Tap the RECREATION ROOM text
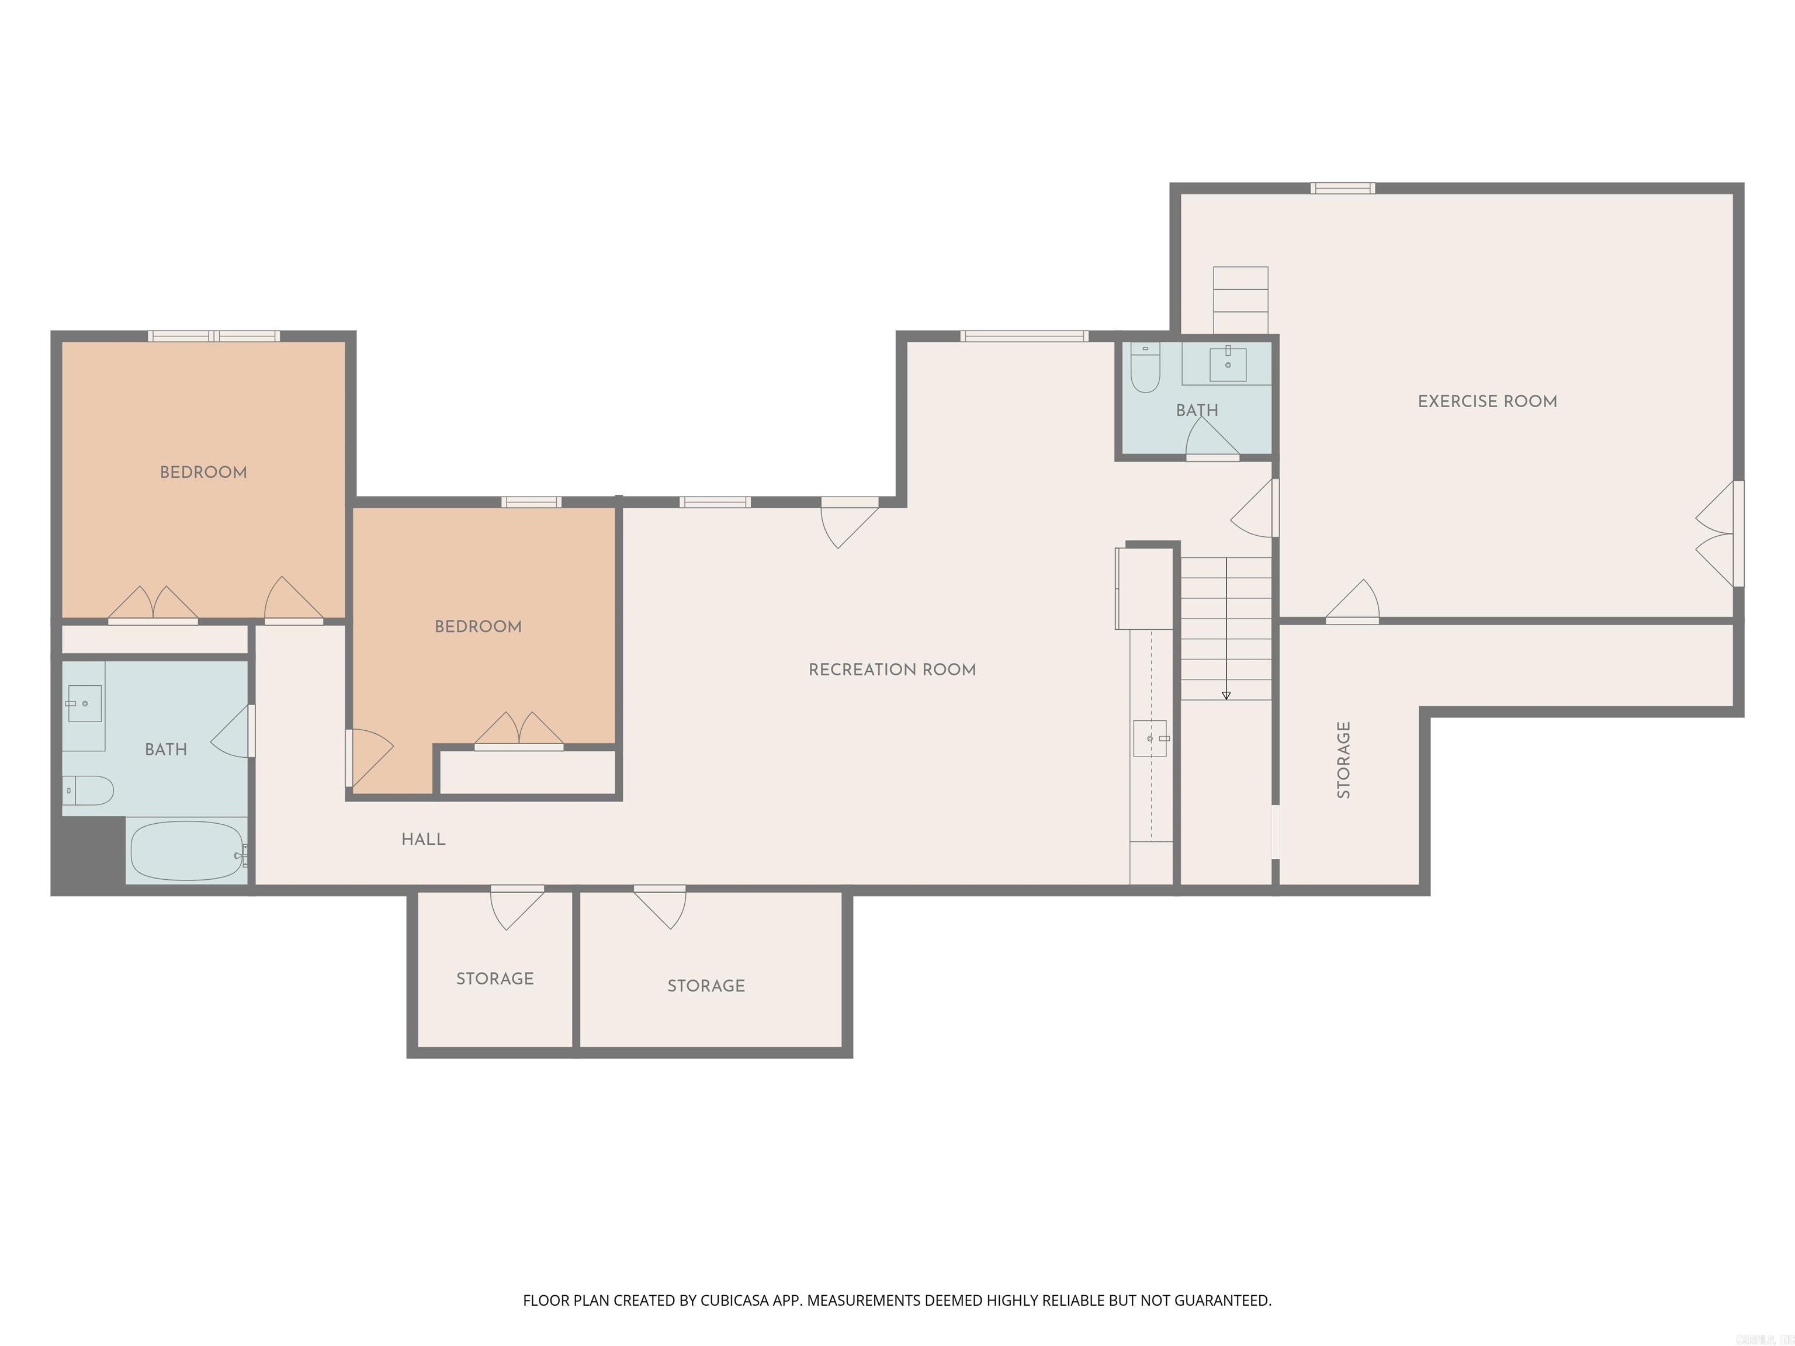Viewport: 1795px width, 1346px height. (892, 669)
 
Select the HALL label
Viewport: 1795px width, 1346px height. (423, 839)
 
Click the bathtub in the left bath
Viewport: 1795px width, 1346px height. (186, 850)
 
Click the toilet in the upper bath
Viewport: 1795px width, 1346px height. (1145, 369)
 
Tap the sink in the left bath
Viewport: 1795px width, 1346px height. (84, 703)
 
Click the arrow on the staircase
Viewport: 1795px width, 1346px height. (1225, 695)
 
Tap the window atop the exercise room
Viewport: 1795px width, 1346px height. (1342, 188)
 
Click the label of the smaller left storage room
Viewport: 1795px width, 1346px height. (494, 979)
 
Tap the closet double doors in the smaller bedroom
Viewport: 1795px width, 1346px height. (518, 730)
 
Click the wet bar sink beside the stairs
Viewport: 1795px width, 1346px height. (1150, 738)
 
